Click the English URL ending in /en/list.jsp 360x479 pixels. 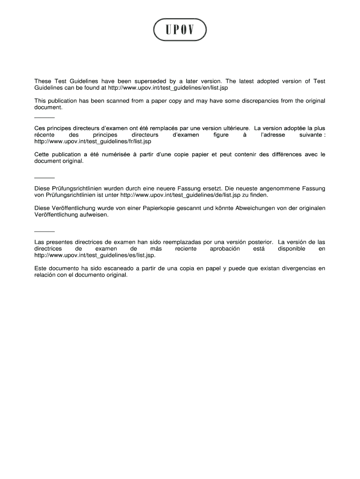click(168, 88)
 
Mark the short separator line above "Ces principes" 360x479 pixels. click(45, 117)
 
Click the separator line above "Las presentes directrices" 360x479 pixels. click(45, 232)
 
